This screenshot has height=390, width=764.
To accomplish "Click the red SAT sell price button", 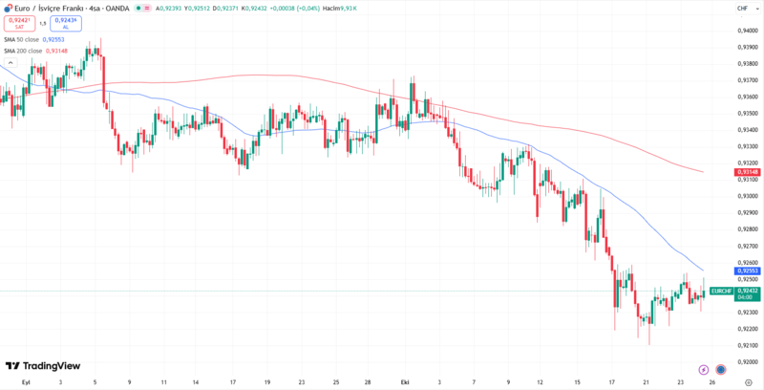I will (19, 24).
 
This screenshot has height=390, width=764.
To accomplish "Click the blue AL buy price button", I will (66, 24).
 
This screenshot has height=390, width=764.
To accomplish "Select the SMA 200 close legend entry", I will (36, 51).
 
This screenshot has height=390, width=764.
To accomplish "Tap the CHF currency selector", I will (742, 9).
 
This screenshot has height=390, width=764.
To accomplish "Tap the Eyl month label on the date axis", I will (26, 380).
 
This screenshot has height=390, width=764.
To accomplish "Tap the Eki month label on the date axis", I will (405, 380).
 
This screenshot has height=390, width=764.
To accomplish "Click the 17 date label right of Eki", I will (611, 380).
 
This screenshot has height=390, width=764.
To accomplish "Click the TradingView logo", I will (42, 366).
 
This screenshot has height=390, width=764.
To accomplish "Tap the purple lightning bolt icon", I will (704, 369).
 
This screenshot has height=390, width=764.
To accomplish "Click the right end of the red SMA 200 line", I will (703, 172).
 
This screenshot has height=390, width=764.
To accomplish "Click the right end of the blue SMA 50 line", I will (703, 271).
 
